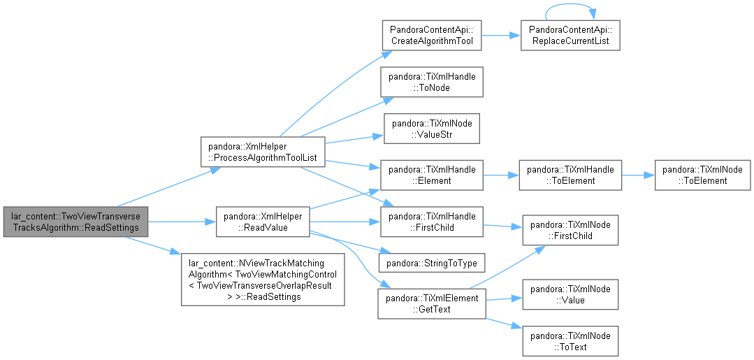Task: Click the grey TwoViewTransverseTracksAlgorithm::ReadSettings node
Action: (x=75, y=222)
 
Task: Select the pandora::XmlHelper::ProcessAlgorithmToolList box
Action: (x=263, y=152)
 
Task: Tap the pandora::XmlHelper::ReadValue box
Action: (x=263, y=222)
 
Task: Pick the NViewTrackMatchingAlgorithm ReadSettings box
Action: (x=263, y=279)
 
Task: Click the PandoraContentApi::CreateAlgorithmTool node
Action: (x=432, y=35)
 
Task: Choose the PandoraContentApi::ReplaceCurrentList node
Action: (x=570, y=35)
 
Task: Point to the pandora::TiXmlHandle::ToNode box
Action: (x=432, y=82)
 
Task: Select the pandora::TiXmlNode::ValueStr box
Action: (x=432, y=129)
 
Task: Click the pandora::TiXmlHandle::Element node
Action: (x=432, y=175)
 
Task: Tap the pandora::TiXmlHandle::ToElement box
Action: (x=570, y=175)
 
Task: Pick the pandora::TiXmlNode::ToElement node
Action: (x=702, y=175)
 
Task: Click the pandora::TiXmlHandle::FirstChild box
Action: (x=432, y=222)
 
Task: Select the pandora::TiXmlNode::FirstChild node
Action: (x=570, y=230)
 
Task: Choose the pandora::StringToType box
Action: (x=432, y=263)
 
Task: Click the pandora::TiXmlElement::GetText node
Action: (x=432, y=303)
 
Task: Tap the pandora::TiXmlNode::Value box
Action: (x=570, y=294)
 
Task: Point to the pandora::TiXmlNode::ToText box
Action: (x=570, y=341)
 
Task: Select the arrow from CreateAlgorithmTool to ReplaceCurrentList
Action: (x=501, y=35)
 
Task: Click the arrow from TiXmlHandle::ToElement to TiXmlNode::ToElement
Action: (x=638, y=175)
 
